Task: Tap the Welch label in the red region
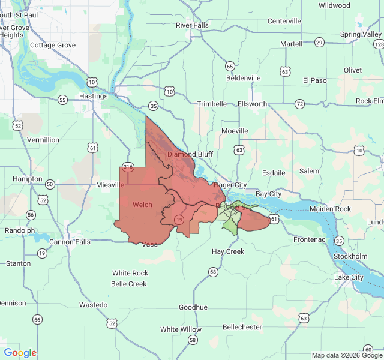pos(142,205)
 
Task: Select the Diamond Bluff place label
pos(190,154)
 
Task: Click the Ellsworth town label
pos(253,104)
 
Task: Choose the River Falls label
pos(192,25)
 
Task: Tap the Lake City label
pos(349,277)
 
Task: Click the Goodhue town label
pos(193,307)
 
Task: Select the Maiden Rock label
pos(330,209)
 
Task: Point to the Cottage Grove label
pos(53,45)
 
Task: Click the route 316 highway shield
pos(128,167)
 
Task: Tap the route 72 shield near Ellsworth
pos(299,104)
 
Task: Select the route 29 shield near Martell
pos(319,42)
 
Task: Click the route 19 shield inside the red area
pos(179,221)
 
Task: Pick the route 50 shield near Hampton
pos(50,184)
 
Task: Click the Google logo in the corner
pos(20,353)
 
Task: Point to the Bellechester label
pos(242,327)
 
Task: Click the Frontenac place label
pos(310,239)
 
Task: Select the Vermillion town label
pos(43,140)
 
